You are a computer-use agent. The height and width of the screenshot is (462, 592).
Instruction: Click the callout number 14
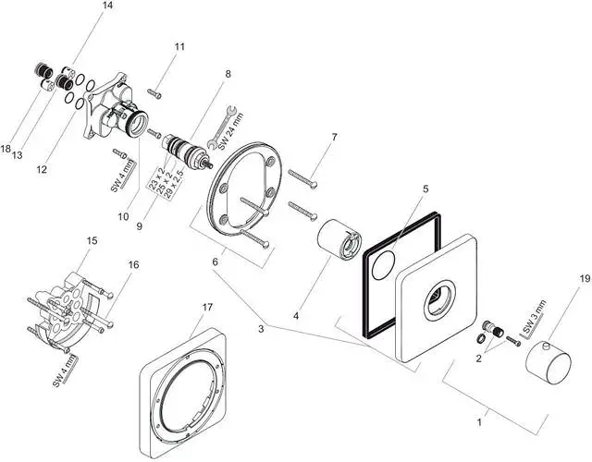click(108, 6)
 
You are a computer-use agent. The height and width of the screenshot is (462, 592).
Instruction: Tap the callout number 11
click(179, 45)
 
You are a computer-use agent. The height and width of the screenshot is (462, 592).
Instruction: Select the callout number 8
click(227, 73)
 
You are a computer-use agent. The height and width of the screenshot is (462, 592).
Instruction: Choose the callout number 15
click(91, 241)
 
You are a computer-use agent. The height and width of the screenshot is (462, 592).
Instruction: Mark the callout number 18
click(6, 148)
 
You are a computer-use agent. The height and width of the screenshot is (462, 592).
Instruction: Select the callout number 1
click(479, 422)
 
